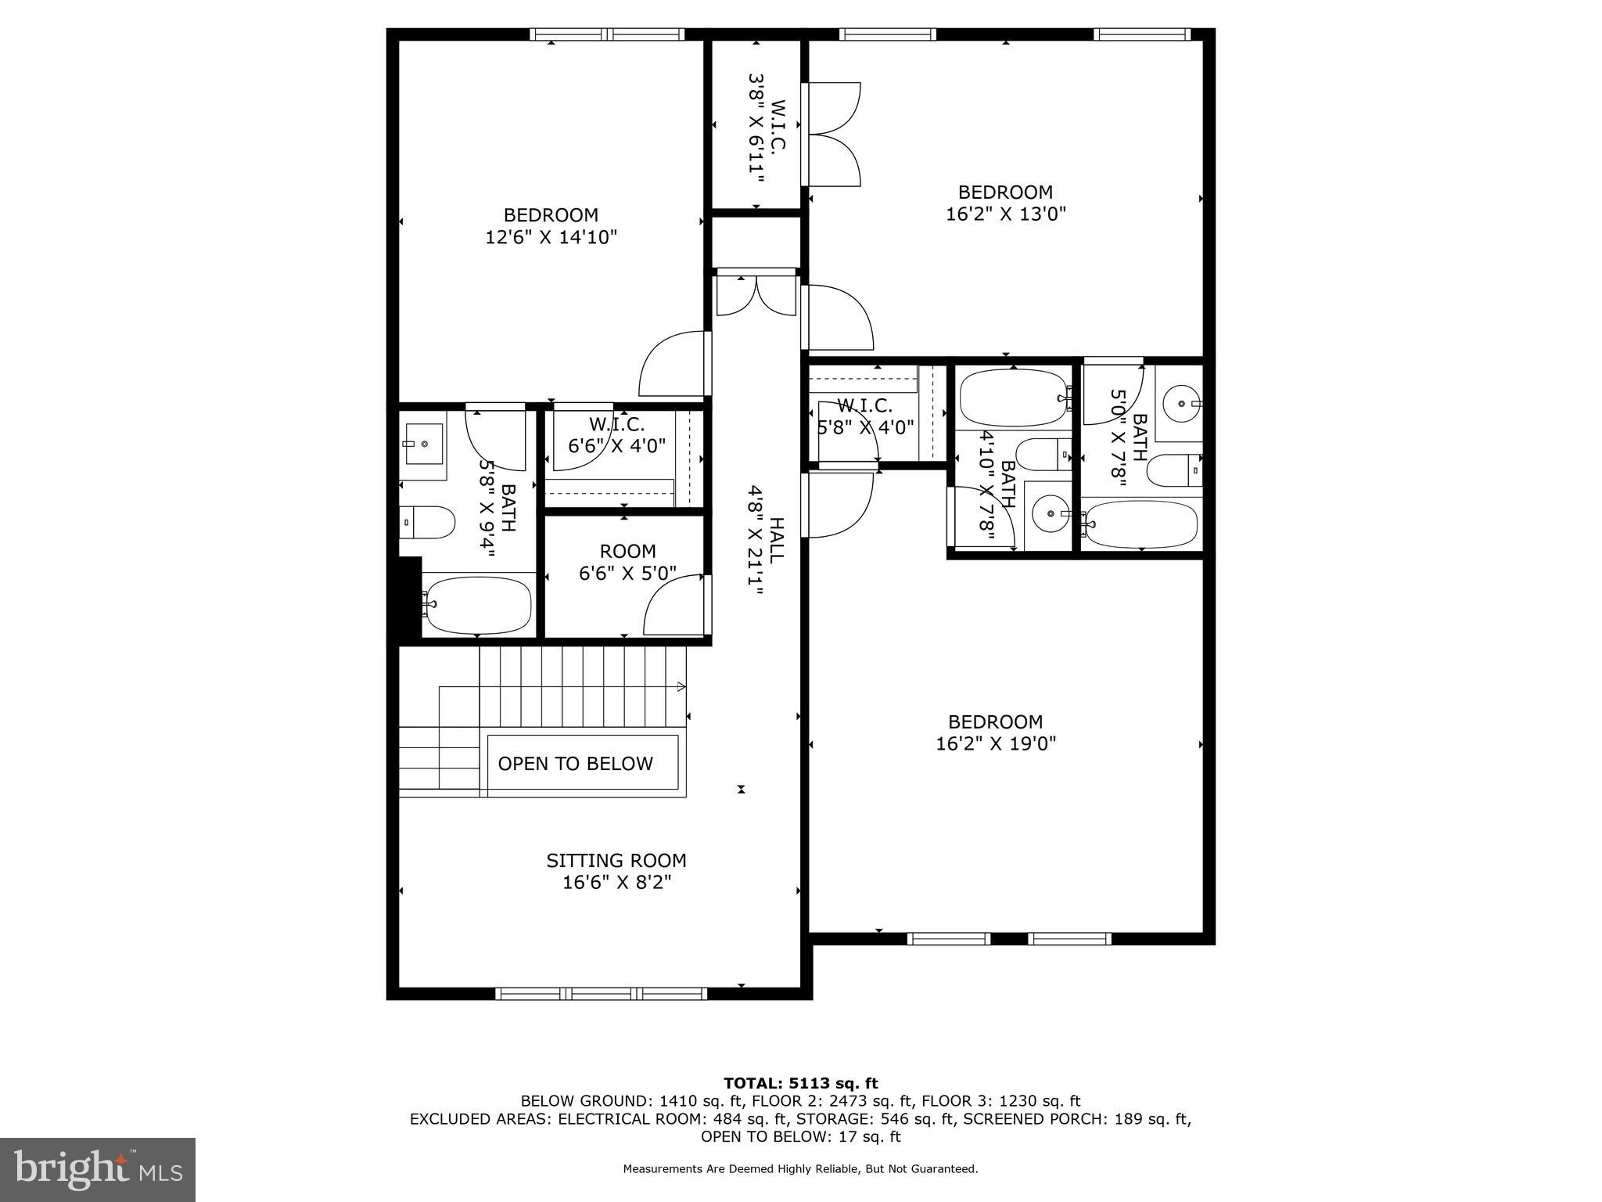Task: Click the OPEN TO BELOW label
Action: (x=575, y=764)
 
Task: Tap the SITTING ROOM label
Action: (x=616, y=861)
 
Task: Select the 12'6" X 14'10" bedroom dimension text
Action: (x=551, y=237)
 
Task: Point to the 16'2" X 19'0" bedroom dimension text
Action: (x=996, y=743)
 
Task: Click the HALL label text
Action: (x=775, y=540)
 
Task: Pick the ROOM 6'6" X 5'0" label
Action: (x=627, y=562)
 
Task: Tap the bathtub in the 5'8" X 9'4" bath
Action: (x=476, y=605)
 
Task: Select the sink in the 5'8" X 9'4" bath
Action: (x=423, y=444)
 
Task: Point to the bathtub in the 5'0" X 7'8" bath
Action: (x=1141, y=524)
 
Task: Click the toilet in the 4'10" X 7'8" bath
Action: (x=1040, y=454)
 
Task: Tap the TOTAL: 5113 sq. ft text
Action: (x=800, y=1083)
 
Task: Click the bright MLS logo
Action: (x=98, y=1169)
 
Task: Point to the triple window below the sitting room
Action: (x=601, y=994)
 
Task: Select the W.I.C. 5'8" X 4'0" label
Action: (x=865, y=416)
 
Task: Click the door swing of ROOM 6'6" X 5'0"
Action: (x=674, y=606)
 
